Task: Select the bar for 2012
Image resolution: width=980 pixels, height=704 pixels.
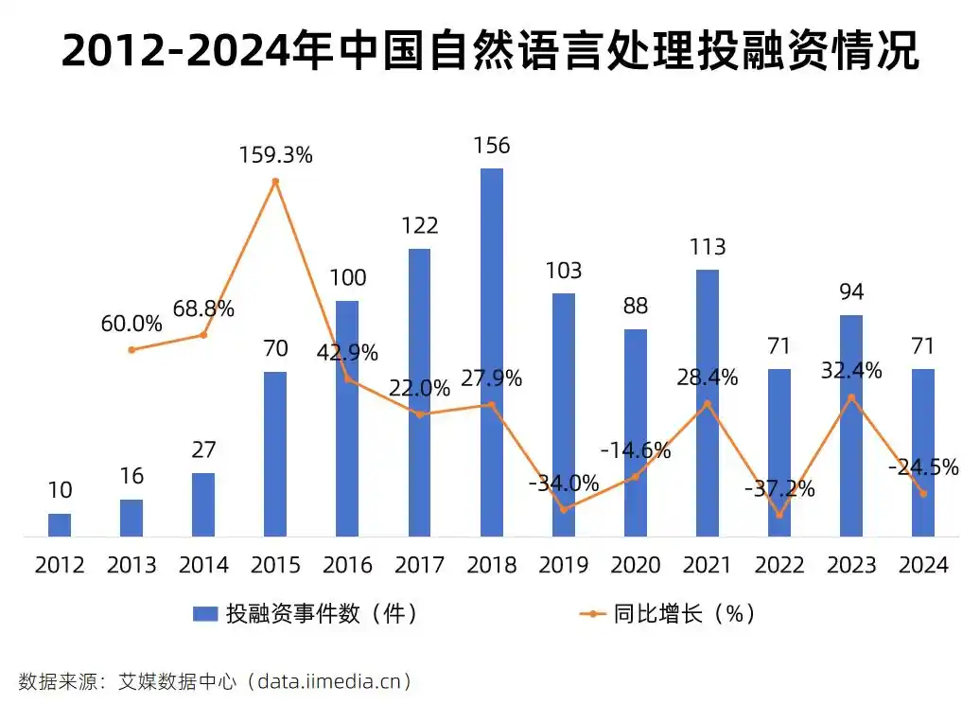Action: tap(60, 525)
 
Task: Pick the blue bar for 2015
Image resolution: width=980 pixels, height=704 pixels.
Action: tap(275, 454)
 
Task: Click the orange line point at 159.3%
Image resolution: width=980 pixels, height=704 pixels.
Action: tap(275, 182)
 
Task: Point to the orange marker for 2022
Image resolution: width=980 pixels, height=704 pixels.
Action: tap(779, 516)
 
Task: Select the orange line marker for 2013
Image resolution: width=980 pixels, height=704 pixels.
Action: tap(131, 350)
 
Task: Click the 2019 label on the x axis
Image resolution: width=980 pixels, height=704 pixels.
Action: tap(563, 566)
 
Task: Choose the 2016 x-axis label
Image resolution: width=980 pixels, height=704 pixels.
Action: tap(347, 566)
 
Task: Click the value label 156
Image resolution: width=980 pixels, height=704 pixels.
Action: tap(491, 146)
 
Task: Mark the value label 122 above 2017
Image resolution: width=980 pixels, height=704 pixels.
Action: tap(419, 226)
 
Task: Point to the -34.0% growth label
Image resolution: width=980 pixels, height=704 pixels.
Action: tap(564, 484)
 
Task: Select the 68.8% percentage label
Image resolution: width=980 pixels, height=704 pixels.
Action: tap(203, 309)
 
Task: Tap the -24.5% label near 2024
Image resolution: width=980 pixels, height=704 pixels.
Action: tap(923, 467)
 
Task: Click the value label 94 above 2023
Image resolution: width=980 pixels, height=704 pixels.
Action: tap(850, 292)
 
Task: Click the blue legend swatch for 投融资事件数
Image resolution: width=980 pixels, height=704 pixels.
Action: tap(205, 614)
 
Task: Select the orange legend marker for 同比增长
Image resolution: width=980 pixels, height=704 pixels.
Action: tap(591, 614)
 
